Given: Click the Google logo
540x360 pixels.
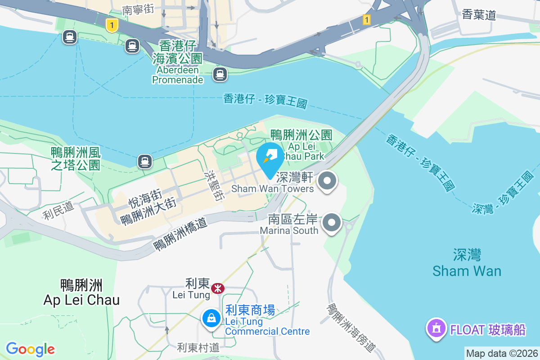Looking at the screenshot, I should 30,349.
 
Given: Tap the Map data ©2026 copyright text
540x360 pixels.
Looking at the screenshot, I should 501,354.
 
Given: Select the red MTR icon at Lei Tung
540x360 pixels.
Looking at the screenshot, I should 218,288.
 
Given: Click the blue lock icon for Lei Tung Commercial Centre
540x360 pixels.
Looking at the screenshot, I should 211,319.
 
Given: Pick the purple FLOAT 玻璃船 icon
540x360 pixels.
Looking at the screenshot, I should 436,329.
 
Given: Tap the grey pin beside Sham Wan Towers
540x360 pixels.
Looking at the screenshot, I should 328,182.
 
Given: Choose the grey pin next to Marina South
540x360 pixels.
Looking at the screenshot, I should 332,222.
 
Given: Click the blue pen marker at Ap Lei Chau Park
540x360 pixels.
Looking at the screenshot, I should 270,157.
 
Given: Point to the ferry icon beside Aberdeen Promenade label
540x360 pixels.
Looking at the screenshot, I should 220,74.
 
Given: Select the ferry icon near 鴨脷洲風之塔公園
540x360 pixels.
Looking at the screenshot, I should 144,161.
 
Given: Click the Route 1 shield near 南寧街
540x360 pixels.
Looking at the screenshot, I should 112,25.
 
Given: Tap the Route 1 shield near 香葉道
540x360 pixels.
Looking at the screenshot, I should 367,20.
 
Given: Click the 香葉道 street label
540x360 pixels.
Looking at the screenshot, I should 479,15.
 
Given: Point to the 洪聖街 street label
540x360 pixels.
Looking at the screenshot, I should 212,185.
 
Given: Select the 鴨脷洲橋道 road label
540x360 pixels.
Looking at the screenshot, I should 180,234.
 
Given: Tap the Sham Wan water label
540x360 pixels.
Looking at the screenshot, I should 467,270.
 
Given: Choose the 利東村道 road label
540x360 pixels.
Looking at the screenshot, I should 198,347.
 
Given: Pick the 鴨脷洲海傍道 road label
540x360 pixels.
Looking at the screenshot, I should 351,328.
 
